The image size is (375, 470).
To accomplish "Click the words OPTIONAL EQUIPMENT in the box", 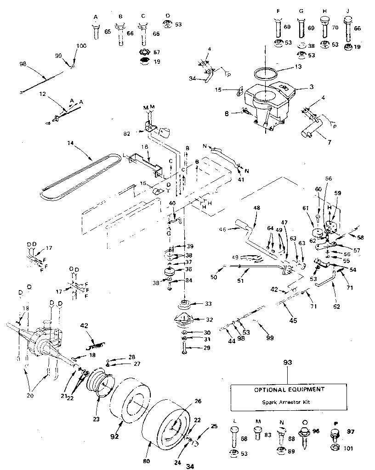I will point(289,389).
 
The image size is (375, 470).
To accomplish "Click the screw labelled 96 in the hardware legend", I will point(303,434).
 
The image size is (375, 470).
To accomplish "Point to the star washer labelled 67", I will point(145,50).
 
